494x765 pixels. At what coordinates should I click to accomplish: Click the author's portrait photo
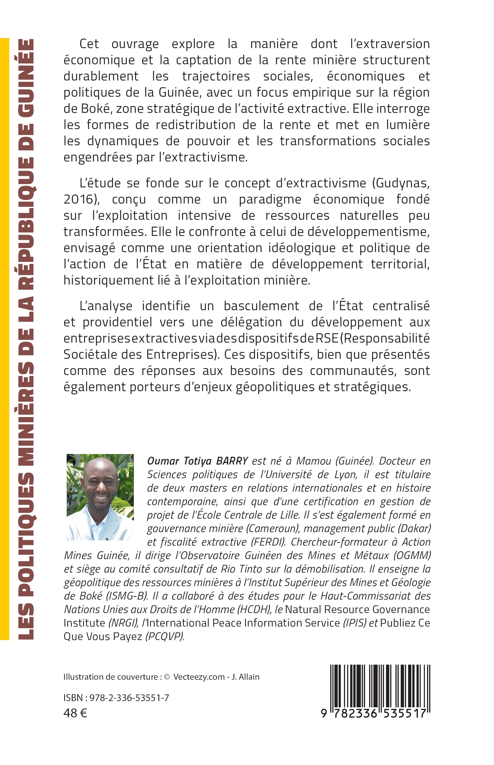100,497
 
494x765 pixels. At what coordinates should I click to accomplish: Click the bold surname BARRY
232,461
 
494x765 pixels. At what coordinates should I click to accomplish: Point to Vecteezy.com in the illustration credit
199,677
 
